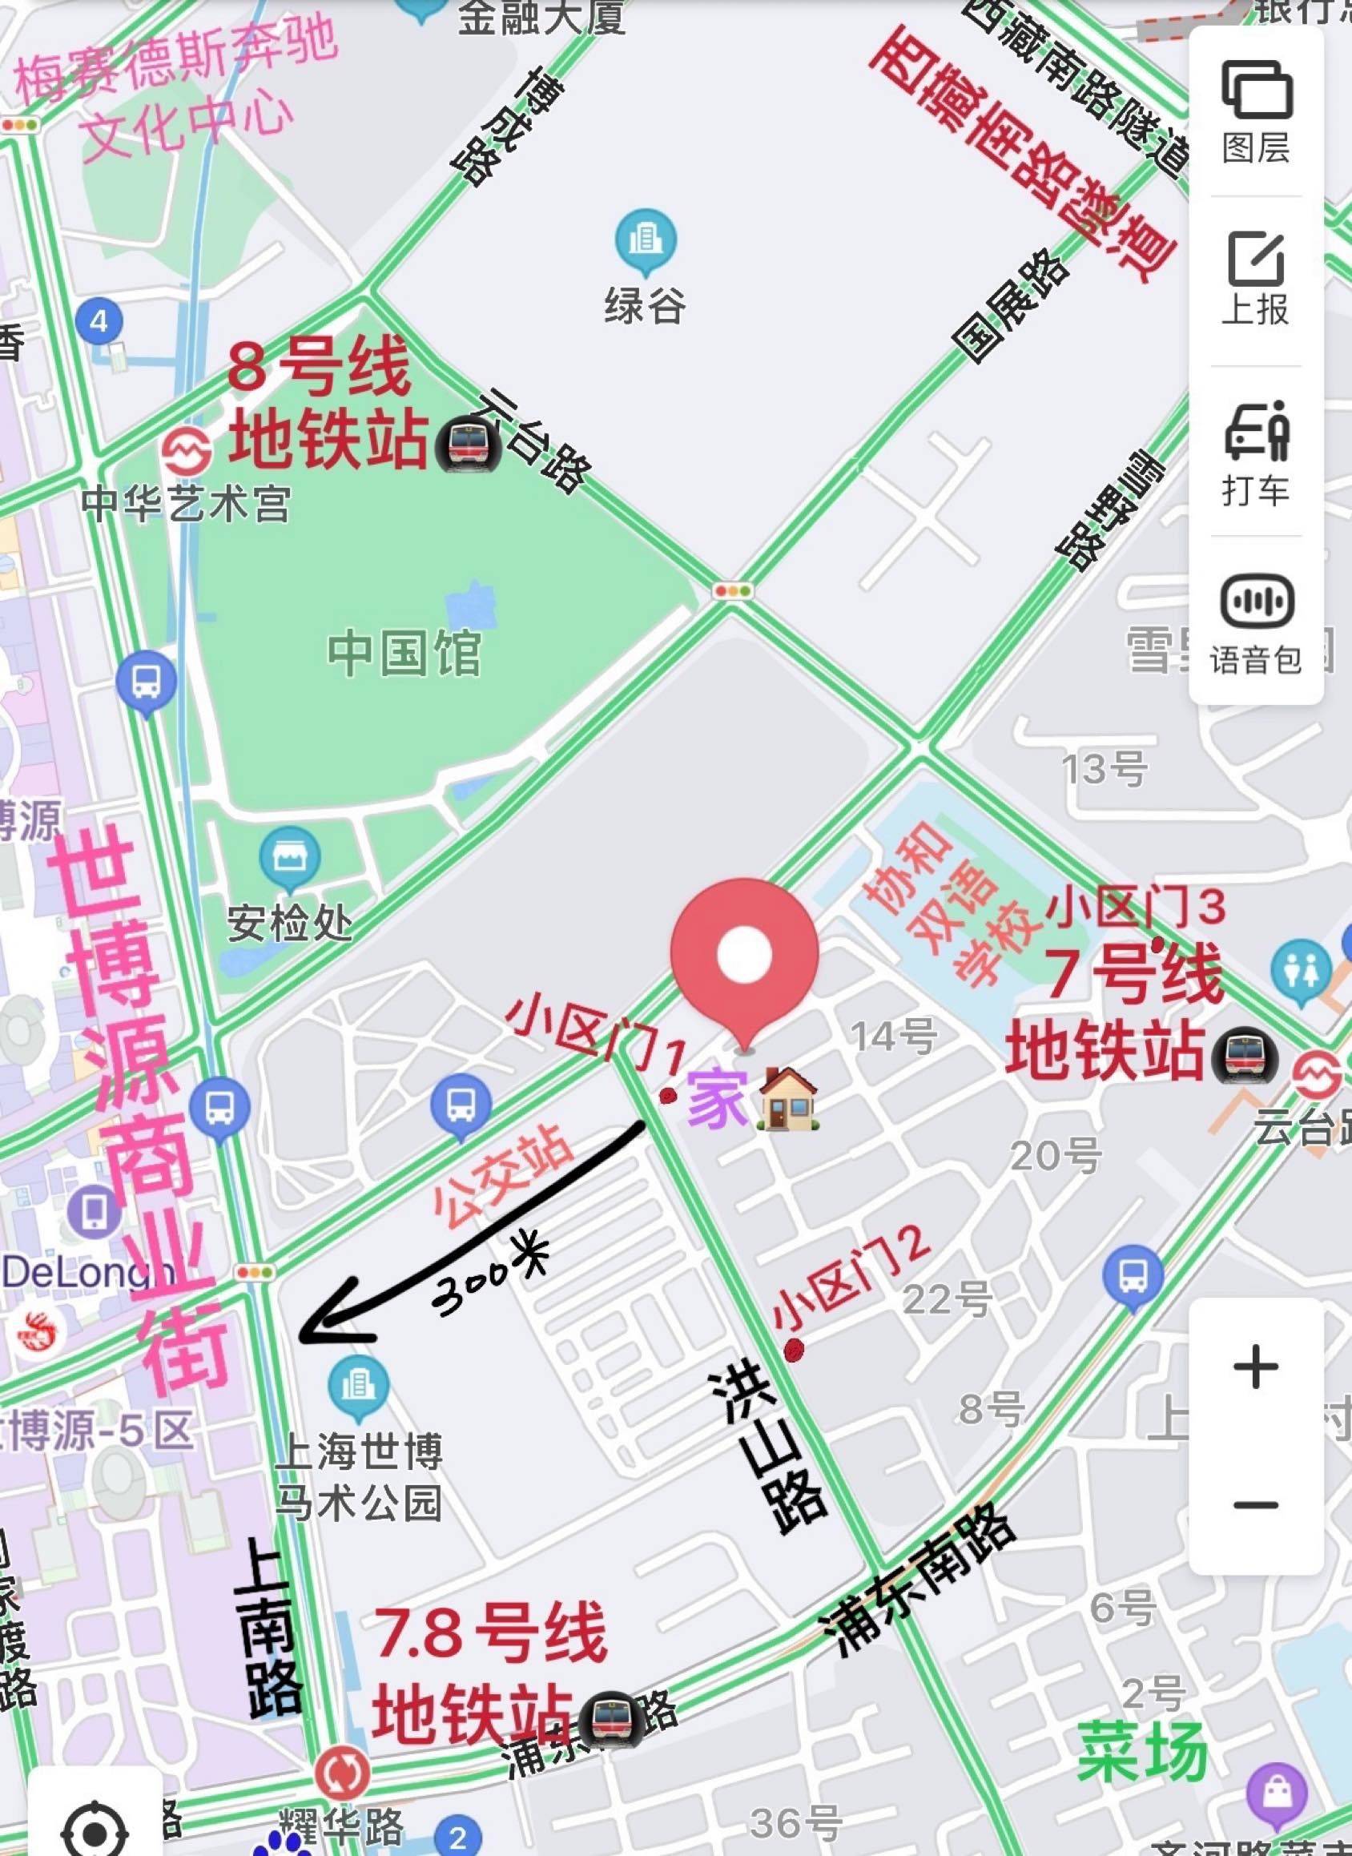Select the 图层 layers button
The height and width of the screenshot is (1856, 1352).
[1256, 111]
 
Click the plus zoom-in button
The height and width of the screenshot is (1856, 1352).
[1255, 1367]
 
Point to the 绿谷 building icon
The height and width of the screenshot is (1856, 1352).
[646, 240]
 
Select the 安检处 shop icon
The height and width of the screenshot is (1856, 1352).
[289, 858]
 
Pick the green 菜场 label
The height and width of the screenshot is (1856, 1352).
[1141, 1750]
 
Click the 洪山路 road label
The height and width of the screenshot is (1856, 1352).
[767, 1452]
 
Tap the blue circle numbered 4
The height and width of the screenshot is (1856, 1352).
[99, 320]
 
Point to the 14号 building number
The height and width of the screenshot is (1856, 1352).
[894, 1036]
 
